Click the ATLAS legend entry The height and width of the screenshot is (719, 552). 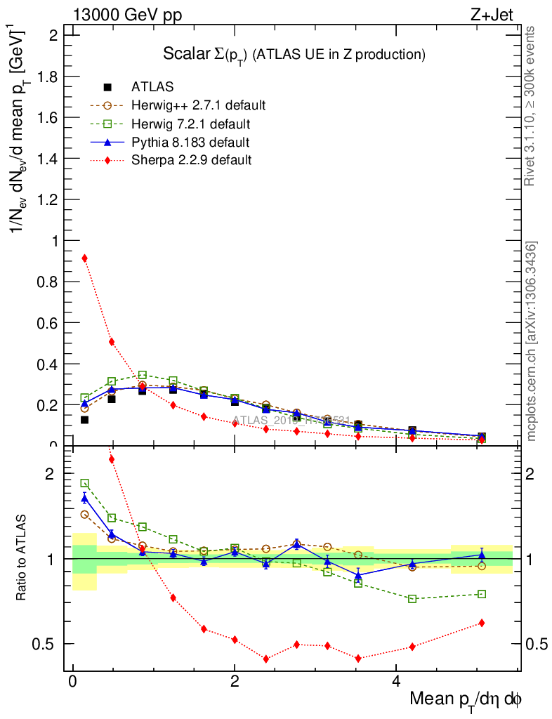click(152, 87)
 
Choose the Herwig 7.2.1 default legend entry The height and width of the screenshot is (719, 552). click(191, 124)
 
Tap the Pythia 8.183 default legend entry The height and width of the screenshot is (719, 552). click(190, 143)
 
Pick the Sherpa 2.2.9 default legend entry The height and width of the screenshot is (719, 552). click(191, 161)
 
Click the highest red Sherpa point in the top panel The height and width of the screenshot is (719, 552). click(84, 258)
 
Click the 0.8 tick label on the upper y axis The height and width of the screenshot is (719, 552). click(46, 282)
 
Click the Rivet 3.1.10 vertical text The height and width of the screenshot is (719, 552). click(531, 106)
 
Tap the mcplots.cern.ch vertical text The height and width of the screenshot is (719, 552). click(532, 341)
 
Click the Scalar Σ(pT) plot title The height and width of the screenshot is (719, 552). click(294, 54)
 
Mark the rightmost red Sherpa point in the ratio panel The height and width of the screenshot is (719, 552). click(481, 623)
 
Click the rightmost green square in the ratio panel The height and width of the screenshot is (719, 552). click(481, 594)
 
